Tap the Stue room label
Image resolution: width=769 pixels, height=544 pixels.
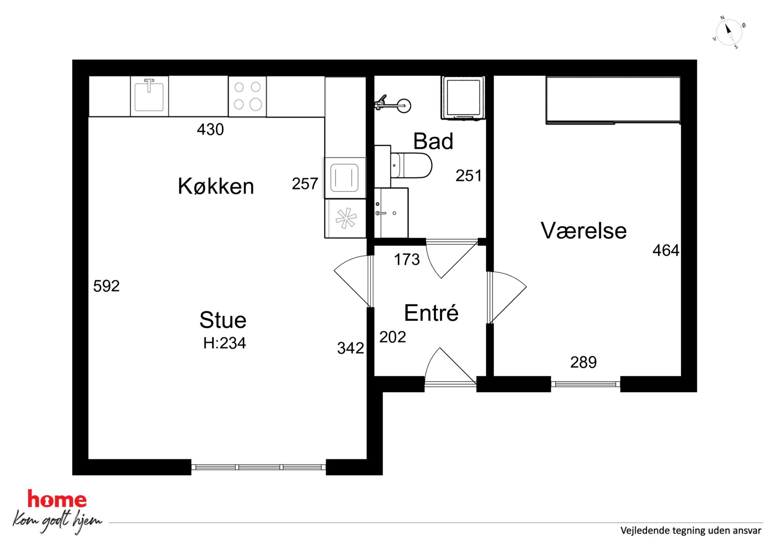click(223, 320)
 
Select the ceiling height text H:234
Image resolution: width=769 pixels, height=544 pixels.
click(224, 343)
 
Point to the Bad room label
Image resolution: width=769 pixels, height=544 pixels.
click(433, 141)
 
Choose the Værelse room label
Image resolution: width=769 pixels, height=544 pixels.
click(583, 231)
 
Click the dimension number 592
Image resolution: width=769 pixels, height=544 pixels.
click(106, 286)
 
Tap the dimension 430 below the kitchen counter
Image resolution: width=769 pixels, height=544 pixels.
click(210, 130)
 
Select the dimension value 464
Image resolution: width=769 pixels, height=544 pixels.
click(666, 250)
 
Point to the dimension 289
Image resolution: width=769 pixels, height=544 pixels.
click(583, 363)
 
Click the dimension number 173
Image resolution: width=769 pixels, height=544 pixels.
click(407, 259)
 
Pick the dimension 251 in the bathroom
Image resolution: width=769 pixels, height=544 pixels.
click(468, 176)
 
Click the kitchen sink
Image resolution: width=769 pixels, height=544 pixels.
click(149, 96)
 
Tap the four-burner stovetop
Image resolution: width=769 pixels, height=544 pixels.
click(247, 96)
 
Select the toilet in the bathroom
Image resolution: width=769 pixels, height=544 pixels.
click(411, 166)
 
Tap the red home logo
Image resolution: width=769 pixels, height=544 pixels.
click(57, 499)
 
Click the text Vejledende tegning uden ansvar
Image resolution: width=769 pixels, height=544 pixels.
click(691, 530)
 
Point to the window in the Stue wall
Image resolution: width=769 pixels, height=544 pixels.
click(259, 467)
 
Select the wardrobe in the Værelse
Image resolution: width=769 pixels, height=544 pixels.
click(613, 100)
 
